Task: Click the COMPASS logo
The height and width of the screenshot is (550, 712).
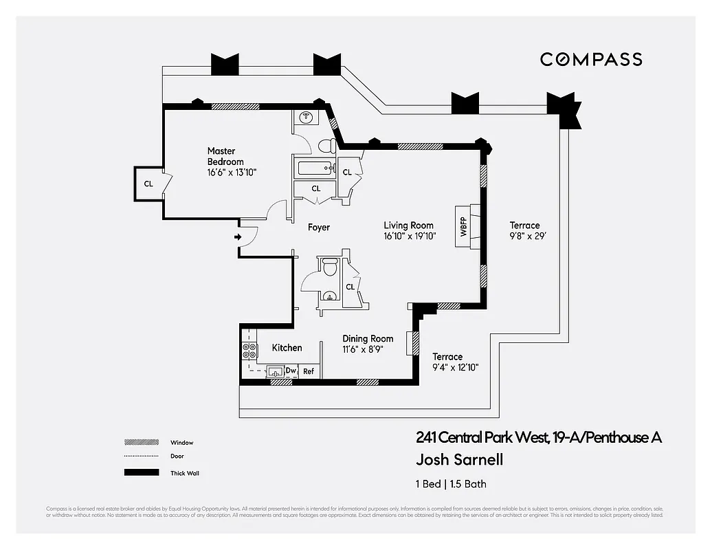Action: click(x=591, y=60)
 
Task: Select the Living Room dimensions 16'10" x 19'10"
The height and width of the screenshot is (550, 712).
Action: click(x=410, y=236)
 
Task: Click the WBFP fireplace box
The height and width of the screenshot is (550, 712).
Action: click(x=463, y=223)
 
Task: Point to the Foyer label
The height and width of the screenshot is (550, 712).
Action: click(x=318, y=228)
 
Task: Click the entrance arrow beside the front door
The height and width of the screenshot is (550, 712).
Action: click(x=238, y=237)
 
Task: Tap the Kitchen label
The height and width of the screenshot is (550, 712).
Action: click(x=287, y=348)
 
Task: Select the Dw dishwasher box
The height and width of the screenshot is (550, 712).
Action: click(x=291, y=371)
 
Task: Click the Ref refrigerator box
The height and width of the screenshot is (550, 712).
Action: click(x=309, y=371)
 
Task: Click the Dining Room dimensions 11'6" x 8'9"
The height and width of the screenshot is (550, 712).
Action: click(x=363, y=349)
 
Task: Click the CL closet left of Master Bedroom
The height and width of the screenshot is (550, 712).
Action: click(x=148, y=184)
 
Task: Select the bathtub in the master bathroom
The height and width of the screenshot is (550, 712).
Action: click(x=313, y=168)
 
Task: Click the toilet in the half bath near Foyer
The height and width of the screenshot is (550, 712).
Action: click(x=329, y=267)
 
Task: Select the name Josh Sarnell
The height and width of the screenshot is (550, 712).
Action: click(x=454, y=460)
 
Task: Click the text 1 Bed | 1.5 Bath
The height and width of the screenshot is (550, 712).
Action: click(x=451, y=484)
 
